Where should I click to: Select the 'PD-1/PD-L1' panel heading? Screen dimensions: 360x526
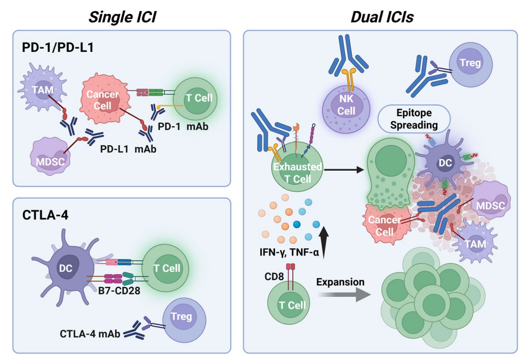coord(56,47)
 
